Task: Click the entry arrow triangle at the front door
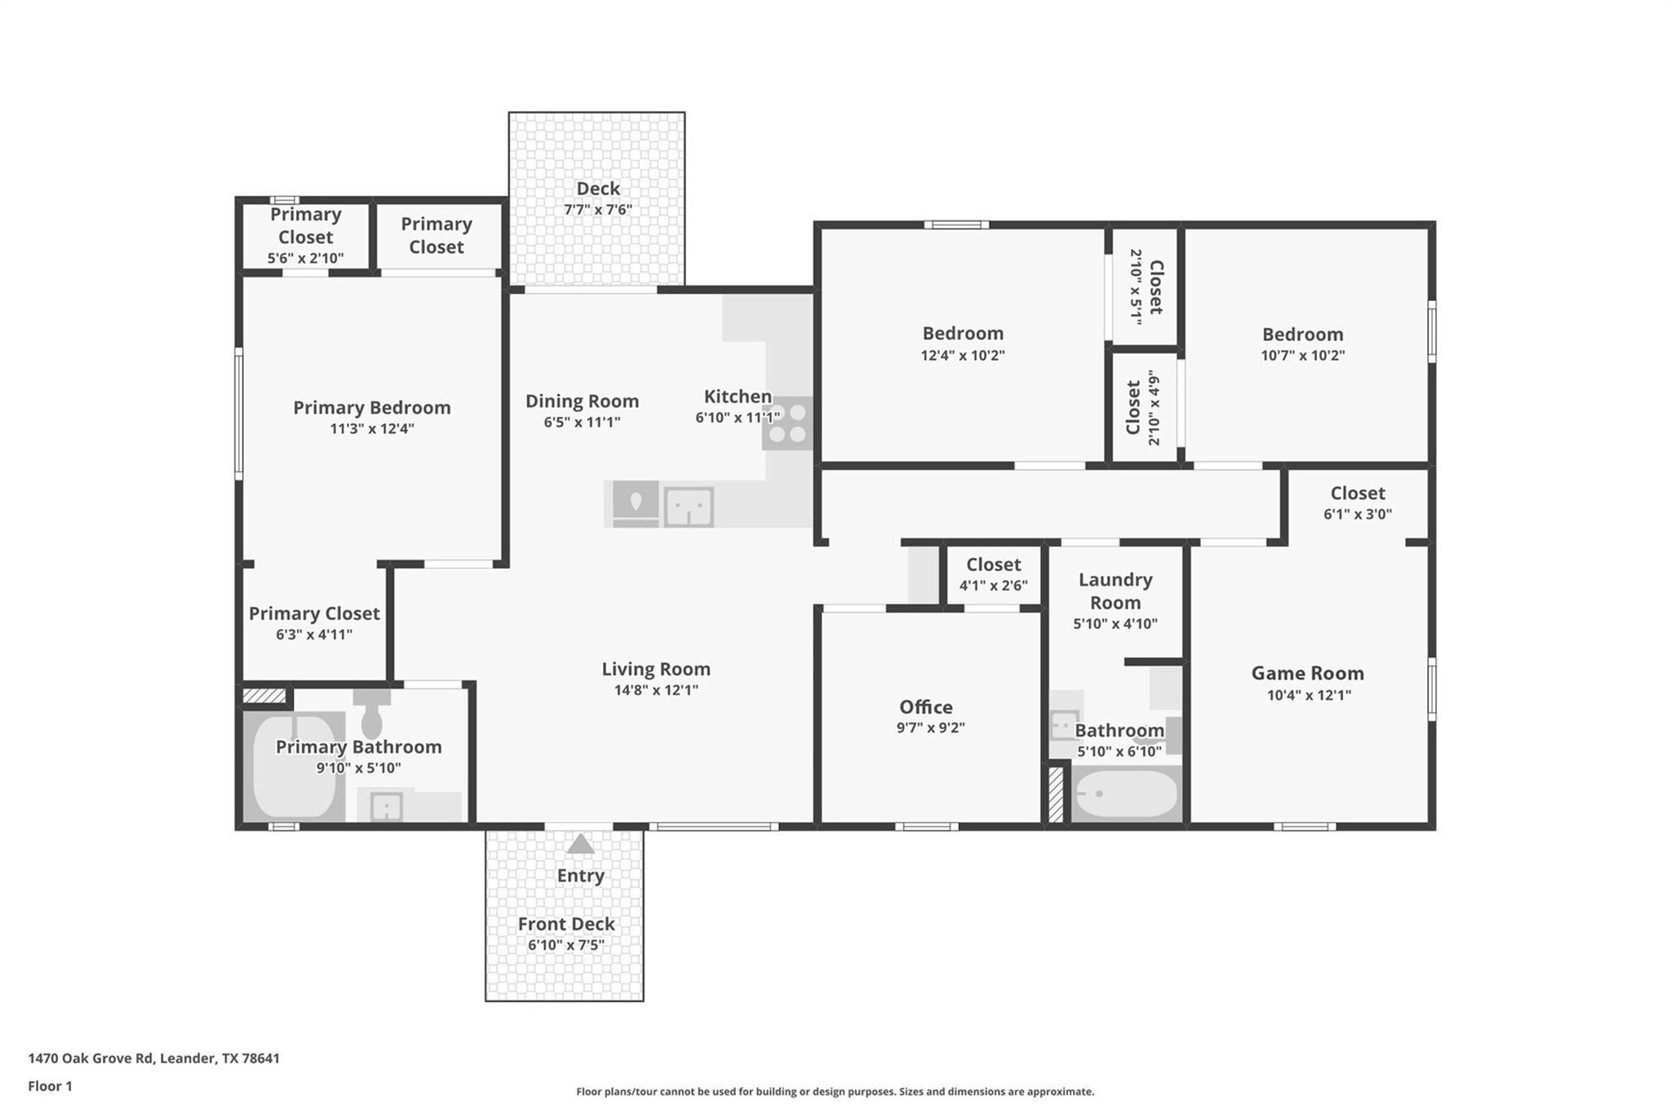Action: (580, 844)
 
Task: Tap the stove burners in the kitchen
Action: (787, 423)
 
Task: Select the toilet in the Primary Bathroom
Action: (372, 716)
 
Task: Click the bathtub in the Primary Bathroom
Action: (294, 767)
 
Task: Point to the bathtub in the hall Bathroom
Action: (1126, 793)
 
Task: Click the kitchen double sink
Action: (689, 507)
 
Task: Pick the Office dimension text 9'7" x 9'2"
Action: (930, 728)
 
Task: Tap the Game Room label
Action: (1307, 673)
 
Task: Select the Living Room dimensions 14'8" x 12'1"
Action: (656, 690)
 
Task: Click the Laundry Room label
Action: (1115, 591)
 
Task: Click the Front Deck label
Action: (566, 924)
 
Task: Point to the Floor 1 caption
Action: (50, 1086)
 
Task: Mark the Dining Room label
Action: (582, 401)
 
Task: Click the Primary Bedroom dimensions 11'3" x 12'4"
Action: (372, 428)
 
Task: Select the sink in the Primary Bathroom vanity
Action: (385, 807)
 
